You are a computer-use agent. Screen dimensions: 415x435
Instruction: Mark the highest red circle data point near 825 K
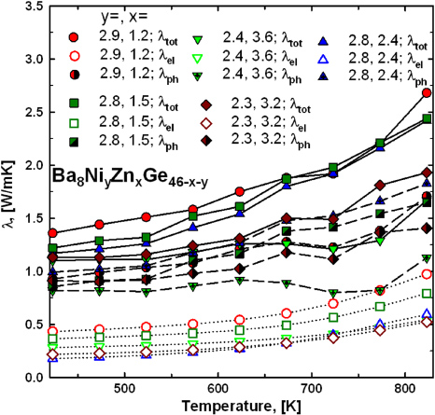coord(427,92)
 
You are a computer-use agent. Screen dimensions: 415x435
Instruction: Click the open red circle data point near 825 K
coord(427,273)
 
